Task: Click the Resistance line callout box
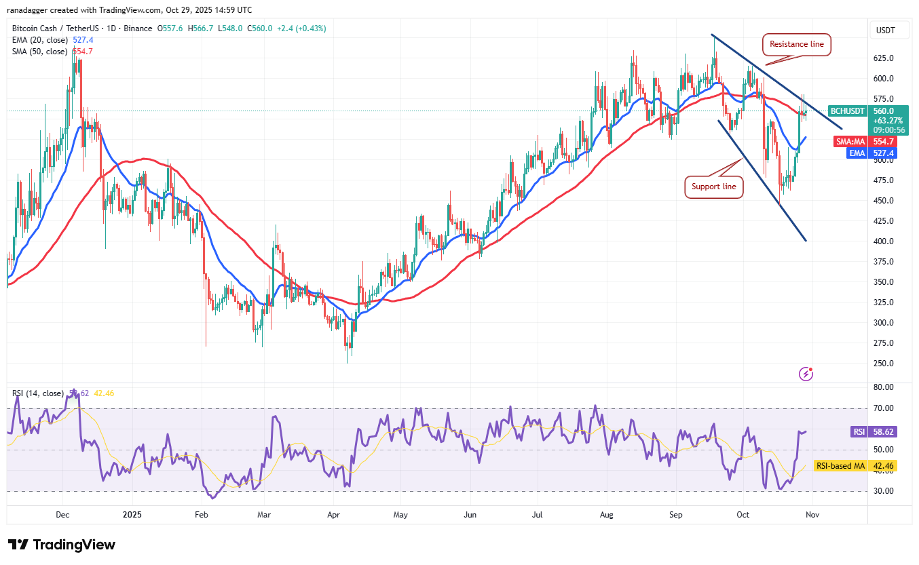click(x=796, y=44)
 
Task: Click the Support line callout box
click(x=713, y=187)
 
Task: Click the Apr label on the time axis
click(x=333, y=515)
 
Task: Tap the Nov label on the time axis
click(x=812, y=515)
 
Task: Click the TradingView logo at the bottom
click(x=62, y=545)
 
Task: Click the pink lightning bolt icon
click(x=806, y=374)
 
